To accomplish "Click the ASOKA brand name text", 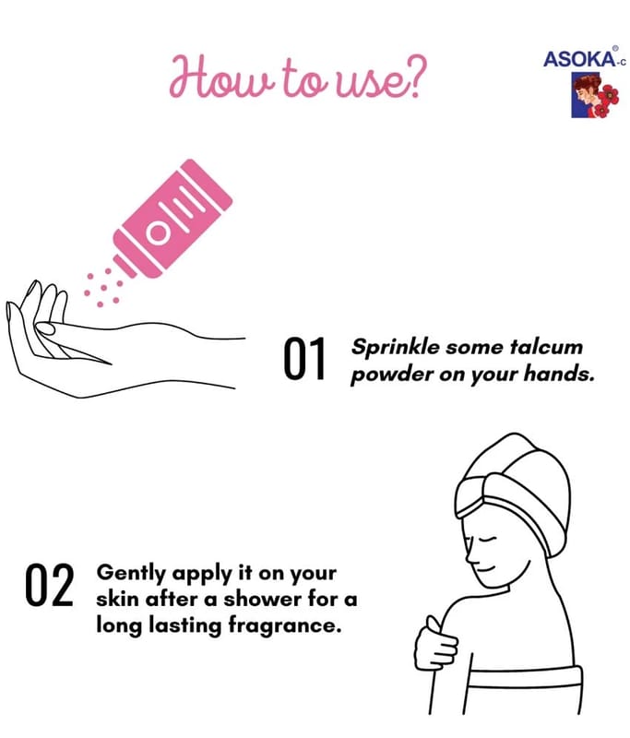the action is [x=579, y=59].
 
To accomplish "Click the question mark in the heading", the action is [x=412, y=77].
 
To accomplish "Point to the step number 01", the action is [x=304, y=359].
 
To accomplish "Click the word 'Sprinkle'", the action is [x=396, y=348].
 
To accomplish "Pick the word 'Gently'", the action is [x=131, y=574].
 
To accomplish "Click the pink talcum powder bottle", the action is [x=172, y=219].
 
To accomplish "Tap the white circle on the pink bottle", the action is [x=157, y=232].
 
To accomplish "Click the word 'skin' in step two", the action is [x=118, y=599].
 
